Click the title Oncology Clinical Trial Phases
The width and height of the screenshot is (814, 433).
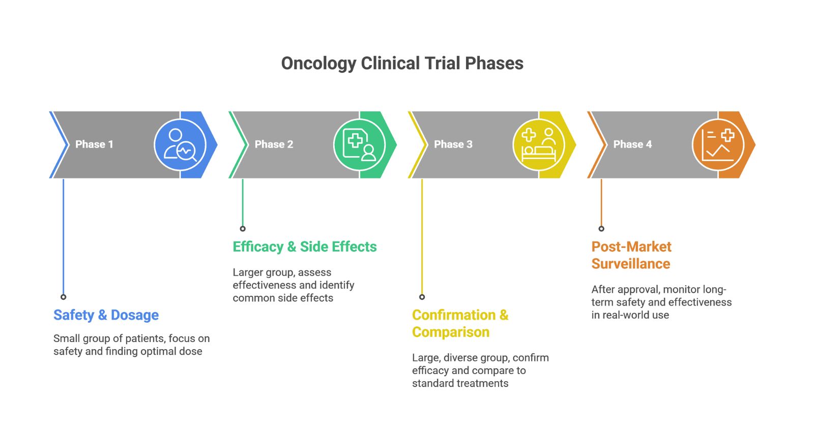click(402, 64)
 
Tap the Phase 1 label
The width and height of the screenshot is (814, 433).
click(94, 144)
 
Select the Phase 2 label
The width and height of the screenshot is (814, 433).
click(274, 144)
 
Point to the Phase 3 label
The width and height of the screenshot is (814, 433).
click(453, 144)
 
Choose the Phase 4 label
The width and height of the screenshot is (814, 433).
click(632, 144)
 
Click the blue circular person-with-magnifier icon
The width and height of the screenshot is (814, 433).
click(180, 145)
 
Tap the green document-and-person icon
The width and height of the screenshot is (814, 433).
click(359, 145)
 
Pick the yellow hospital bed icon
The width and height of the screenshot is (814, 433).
click(539, 145)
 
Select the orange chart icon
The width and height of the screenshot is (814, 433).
click(718, 145)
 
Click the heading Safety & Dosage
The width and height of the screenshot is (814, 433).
click(106, 315)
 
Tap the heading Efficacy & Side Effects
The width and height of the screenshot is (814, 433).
click(304, 247)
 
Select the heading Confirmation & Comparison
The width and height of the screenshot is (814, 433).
click(459, 323)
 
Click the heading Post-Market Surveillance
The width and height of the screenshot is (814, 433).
click(631, 255)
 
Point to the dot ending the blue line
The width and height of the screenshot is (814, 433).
click(64, 297)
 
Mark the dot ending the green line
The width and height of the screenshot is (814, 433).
click(243, 229)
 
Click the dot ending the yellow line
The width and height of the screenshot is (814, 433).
click(422, 297)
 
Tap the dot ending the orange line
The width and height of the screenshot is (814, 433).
click(601, 229)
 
